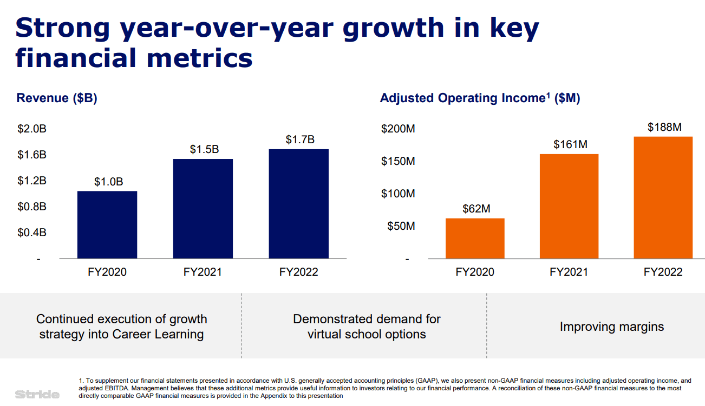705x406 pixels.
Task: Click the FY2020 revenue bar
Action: pos(107,224)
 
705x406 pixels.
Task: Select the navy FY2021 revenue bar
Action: pos(203,208)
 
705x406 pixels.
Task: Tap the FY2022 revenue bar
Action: pos(298,203)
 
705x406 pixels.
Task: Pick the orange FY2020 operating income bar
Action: pos(475,238)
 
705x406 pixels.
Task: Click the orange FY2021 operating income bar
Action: pos(569,206)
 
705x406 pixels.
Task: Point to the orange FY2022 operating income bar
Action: pos(663,197)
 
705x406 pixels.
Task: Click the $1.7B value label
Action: pos(300,139)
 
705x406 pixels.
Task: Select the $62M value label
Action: pos(476,209)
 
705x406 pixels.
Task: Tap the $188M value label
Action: pos(664,127)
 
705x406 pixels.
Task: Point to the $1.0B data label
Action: pos(108,182)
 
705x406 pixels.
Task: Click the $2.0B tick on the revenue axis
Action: pos(32,129)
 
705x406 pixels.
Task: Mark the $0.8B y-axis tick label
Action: pos(32,207)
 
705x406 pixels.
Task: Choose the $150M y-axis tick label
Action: pos(398,161)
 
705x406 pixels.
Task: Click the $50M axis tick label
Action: pos(401,226)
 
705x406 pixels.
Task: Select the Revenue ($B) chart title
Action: pos(57,98)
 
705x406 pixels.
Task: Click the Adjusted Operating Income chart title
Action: pos(480,98)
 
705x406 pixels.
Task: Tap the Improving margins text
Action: pos(611,327)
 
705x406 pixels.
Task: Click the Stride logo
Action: pos(37,394)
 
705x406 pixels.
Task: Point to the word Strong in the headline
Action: pos(63,28)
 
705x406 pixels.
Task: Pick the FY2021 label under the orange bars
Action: pos(569,272)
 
